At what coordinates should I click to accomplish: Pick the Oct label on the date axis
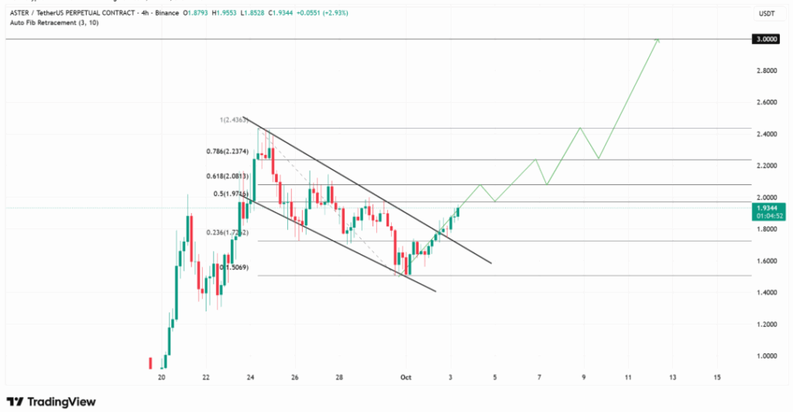405,377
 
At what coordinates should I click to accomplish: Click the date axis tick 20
161,377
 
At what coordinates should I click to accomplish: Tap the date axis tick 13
672,377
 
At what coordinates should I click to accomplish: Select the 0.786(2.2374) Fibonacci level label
228,152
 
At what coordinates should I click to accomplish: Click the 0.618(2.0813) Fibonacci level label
228,177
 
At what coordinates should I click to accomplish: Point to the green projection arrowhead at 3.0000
657,39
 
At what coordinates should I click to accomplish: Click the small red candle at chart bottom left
149,363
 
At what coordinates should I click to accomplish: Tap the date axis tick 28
339,377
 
